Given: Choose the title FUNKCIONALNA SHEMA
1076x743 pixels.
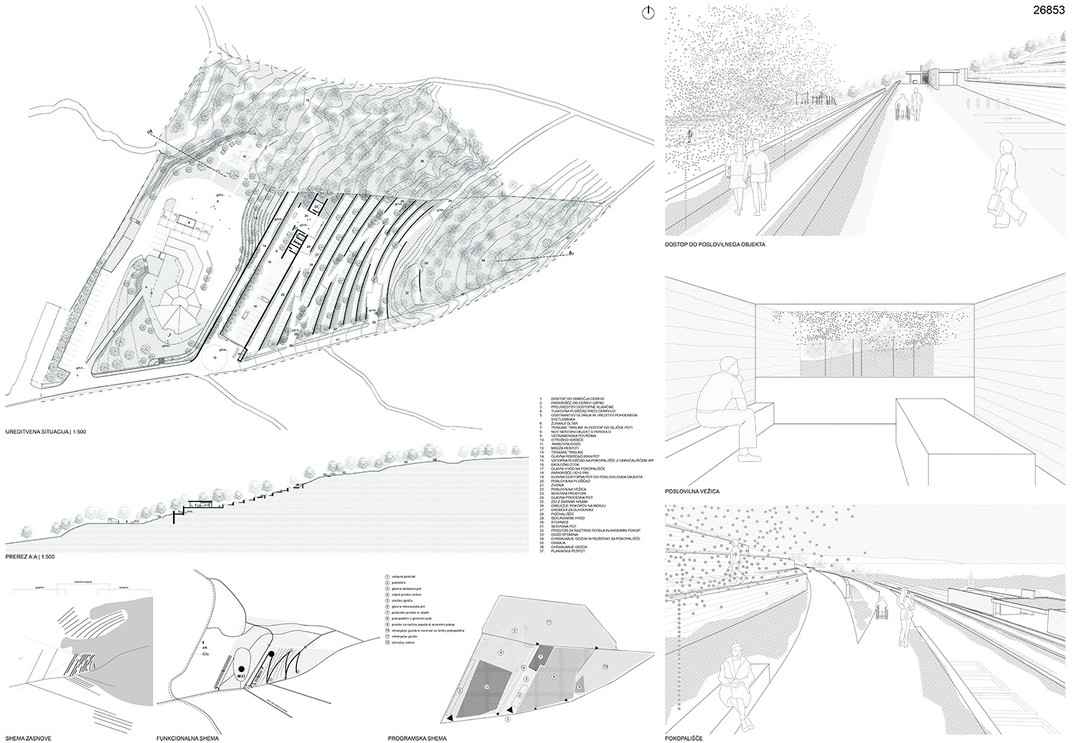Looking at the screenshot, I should (187, 737).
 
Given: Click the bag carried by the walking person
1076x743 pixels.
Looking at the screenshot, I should (995, 204).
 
